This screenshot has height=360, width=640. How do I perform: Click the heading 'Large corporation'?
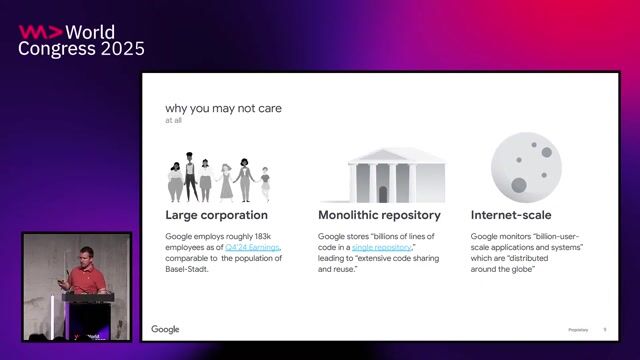click(x=216, y=215)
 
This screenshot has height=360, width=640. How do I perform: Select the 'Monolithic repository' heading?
click(x=379, y=215)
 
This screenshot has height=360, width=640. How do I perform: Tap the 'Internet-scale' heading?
click(x=511, y=215)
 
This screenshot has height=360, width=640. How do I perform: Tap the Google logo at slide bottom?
click(x=165, y=329)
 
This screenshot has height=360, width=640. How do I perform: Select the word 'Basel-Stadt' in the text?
click(x=185, y=270)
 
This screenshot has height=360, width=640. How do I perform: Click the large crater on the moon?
click(x=518, y=185)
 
